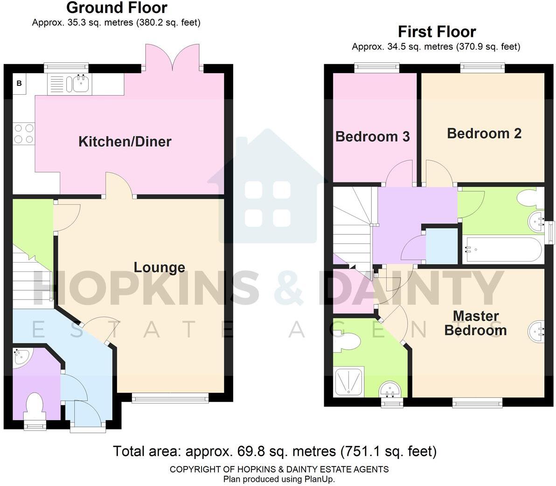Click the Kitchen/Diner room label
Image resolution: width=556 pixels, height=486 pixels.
(125, 141)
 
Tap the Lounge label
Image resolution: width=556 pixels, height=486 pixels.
(160, 267)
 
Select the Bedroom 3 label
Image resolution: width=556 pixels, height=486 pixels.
(372, 137)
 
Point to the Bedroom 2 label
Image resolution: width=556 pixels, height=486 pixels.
(484, 133)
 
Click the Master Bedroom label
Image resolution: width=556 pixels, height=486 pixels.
(475, 323)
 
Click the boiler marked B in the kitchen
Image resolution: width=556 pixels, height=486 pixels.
(20, 84)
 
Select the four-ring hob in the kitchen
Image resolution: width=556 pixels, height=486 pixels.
(23, 133)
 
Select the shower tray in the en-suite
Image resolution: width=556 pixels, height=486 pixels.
(349, 382)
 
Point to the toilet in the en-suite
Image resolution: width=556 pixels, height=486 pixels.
(349, 342)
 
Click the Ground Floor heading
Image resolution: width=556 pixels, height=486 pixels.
(117, 8)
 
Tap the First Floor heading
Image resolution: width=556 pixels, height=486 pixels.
(437, 32)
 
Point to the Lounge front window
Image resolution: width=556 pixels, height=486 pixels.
(170, 397)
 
